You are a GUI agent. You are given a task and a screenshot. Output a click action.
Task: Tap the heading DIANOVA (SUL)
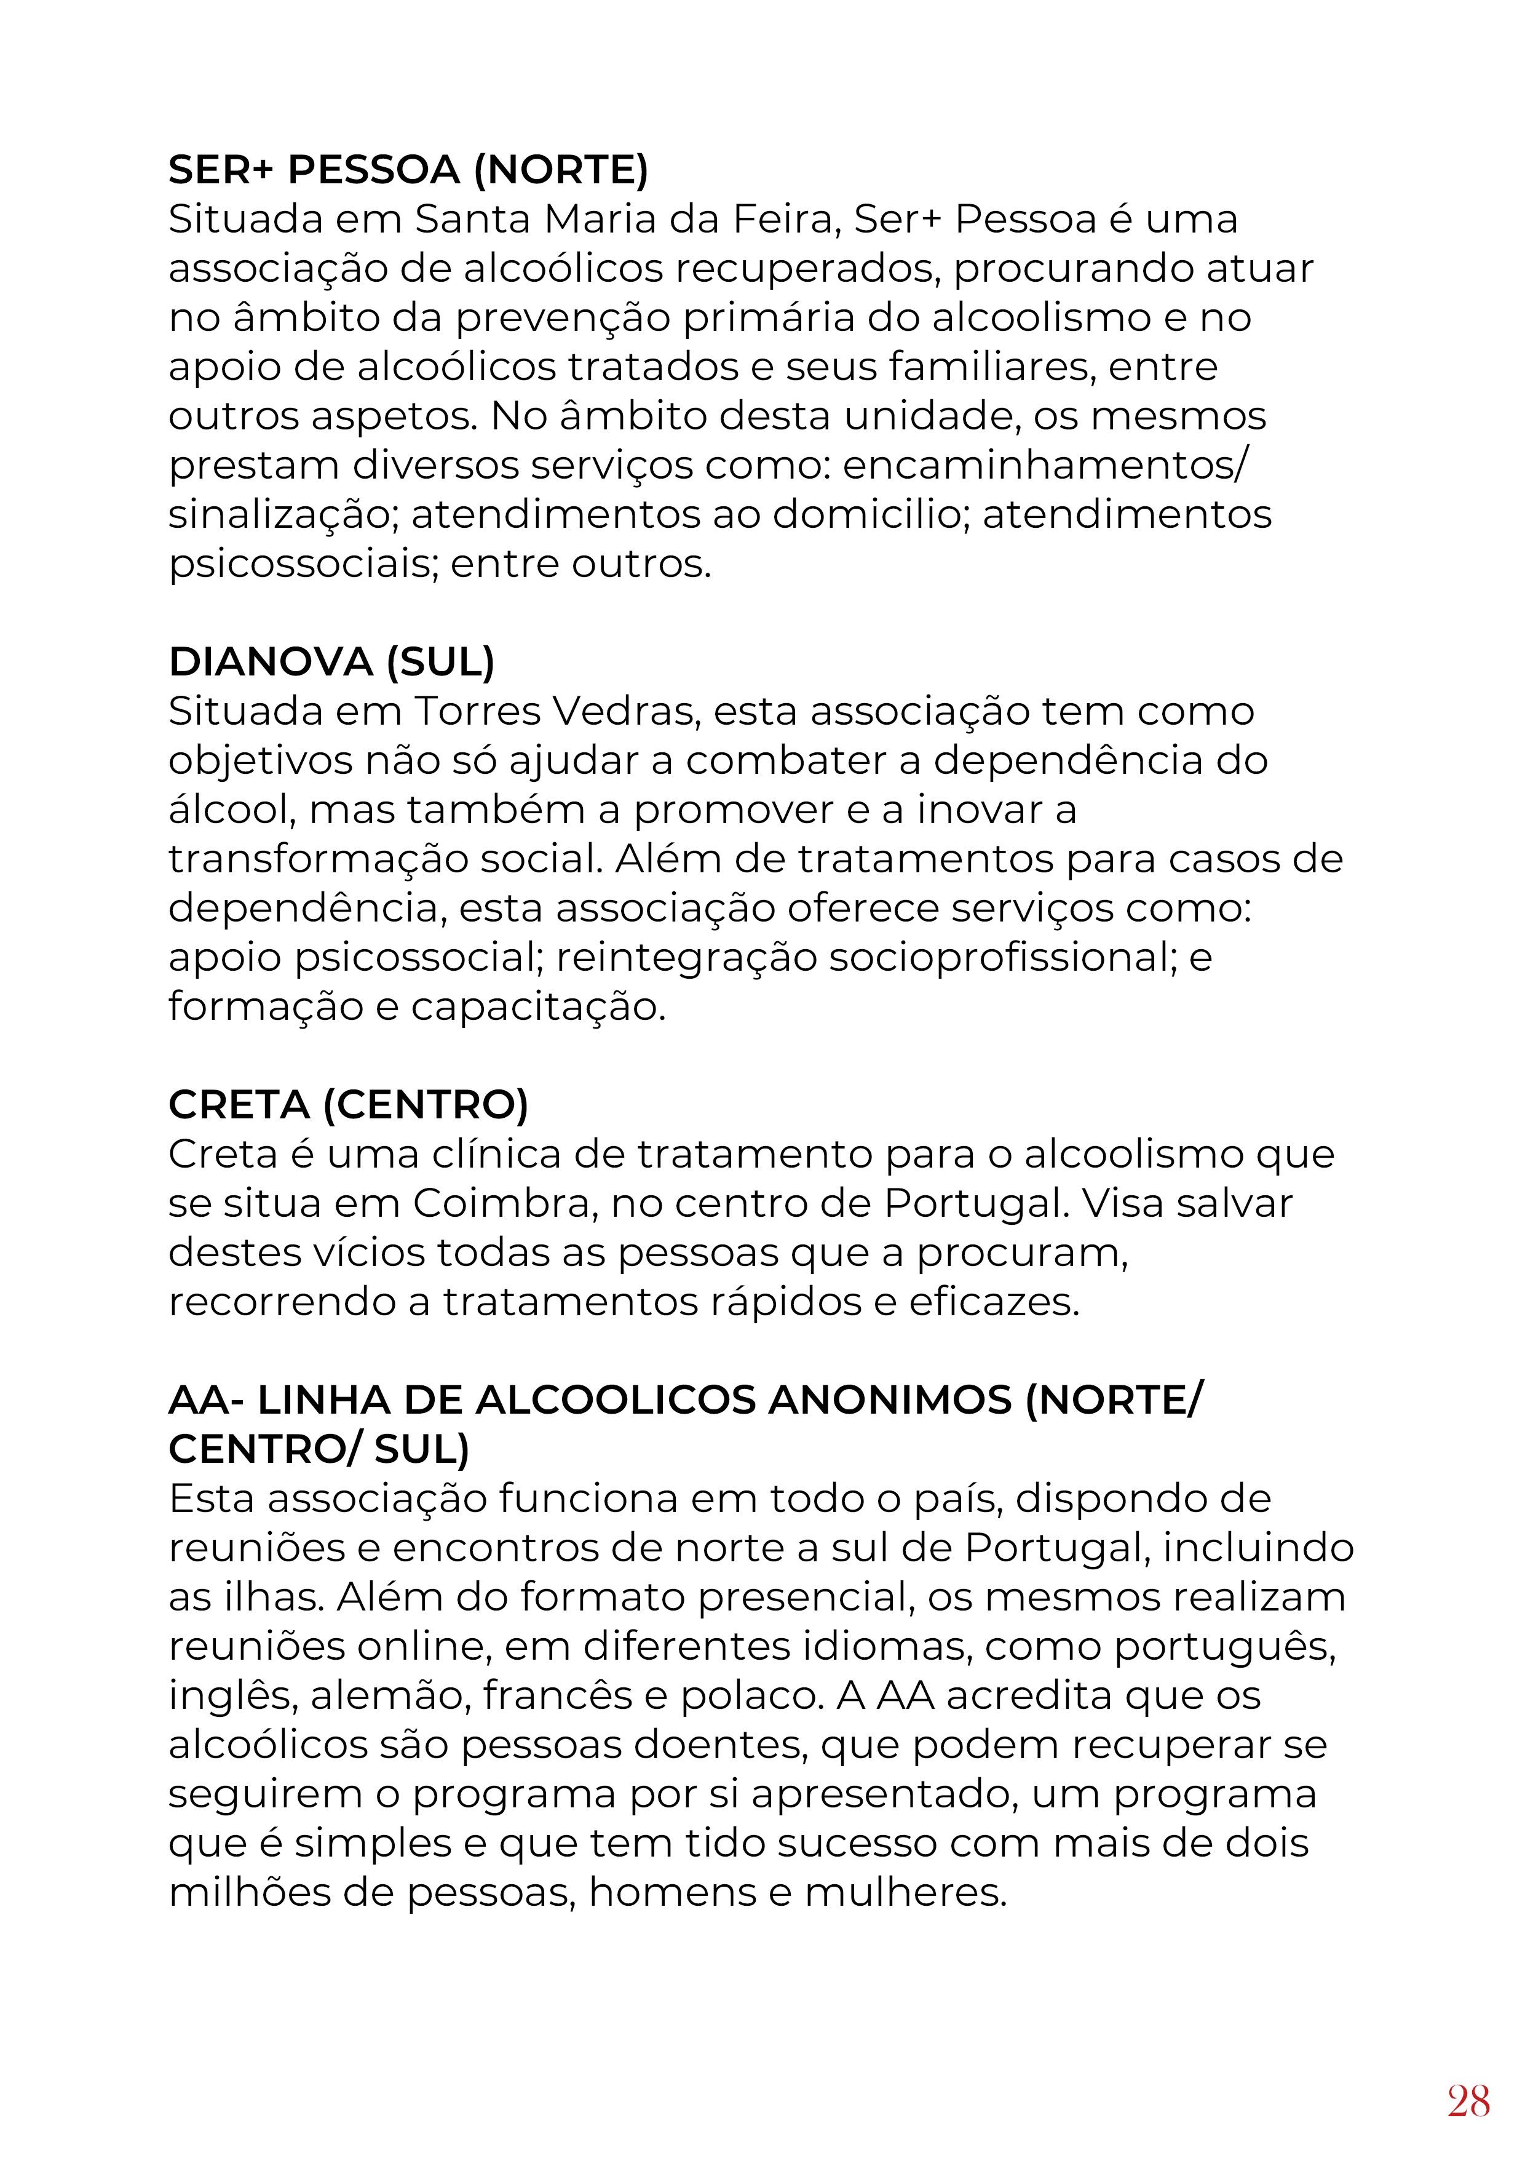(331, 663)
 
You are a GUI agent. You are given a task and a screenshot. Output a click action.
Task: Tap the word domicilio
(863, 515)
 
